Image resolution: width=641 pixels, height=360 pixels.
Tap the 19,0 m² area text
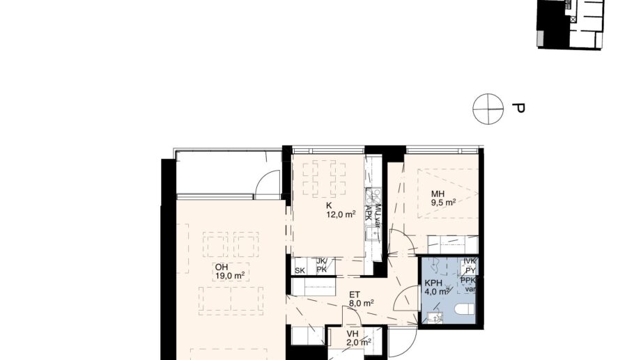[229, 276]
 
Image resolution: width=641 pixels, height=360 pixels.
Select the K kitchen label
[329, 205]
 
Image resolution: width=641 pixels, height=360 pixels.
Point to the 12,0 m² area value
[341, 214]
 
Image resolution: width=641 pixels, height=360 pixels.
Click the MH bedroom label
[438, 194]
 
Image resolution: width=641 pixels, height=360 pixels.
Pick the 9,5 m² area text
[442, 203]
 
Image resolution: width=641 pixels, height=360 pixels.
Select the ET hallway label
[355, 294]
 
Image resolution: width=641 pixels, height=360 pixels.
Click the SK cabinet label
[300, 270]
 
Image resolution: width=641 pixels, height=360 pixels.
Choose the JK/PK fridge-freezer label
[321, 266]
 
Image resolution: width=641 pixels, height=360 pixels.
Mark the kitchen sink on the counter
[375, 233]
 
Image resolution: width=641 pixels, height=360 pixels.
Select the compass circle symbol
[487, 109]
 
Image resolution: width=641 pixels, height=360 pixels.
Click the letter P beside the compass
[518, 109]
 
